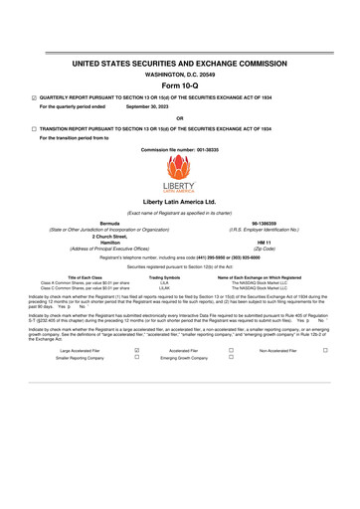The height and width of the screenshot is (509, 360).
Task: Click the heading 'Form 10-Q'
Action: tap(179, 84)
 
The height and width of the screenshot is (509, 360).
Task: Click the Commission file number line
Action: tap(179, 148)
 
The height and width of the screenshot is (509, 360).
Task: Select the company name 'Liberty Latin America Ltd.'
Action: tap(179, 201)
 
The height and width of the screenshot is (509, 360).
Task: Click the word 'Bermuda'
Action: tap(110, 224)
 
